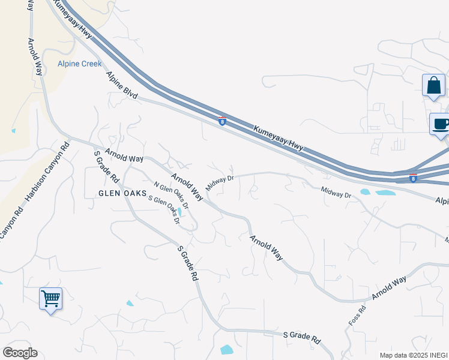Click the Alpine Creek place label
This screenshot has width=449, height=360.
pyautogui.click(x=79, y=64)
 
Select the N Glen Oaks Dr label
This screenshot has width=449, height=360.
pyautogui.click(x=172, y=196)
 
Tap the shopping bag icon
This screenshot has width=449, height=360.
pyautogui.click(x=433, y=86)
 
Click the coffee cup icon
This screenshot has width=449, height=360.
pyautogui.click(x=441, y=125)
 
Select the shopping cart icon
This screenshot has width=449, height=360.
pyautogui.click(x=50, y=298)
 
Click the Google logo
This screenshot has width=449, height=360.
pyautogui.click(x=20, y=353)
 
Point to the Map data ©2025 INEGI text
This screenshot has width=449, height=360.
pyautogui.click(x=413, y=355)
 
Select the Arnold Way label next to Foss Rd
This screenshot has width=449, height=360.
pyautogui.click(x=389, y=287)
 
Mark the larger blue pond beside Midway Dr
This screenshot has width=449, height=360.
pyautogui.click(x=387, y=193)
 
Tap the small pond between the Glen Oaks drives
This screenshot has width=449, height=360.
pyautogui.click(x=179, y=212)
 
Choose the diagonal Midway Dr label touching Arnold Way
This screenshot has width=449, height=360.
pyautogui.click(x=219, y=182)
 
